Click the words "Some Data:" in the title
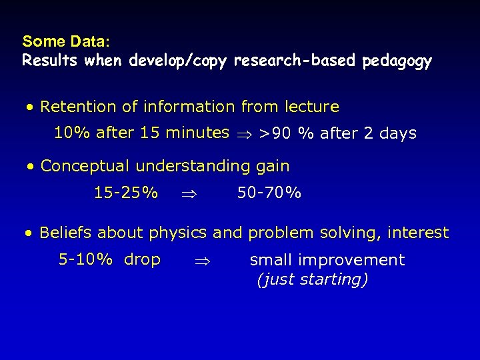(x=61, y=41)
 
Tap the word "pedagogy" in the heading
(x=397, y=62)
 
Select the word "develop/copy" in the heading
(x=178, y=61)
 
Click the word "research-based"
(x=295, y=61)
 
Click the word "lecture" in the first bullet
(x=311, y=107)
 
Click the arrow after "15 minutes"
(x=244, y=134)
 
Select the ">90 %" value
(x=286, y=133)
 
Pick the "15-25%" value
(x=126, y=193)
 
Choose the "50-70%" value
(x=269, y=193)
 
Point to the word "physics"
(x=178, y=233)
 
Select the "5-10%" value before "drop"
(x=85, y=259)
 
